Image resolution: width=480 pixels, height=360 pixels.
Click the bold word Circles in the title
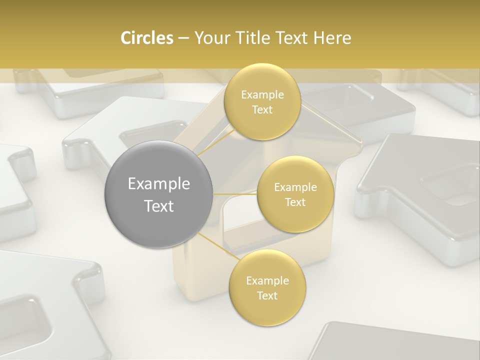pyautogui.click(x=146, y=38)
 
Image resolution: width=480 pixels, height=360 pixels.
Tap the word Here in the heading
pyautogui.click(x=332, y=38)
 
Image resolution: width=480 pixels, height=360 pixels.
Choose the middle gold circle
pyautogui.click(x=295, y=215)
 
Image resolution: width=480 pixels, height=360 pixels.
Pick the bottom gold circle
pyautogui.click(x=267, y=310)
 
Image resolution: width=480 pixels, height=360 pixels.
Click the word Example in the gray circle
pyautogui.click(x=159, y=184)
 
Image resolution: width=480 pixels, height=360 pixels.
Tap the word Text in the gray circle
pyautogui.click(x=159, y=206)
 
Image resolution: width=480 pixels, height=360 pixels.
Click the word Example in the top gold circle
pyautogui.click(x=262, y=95)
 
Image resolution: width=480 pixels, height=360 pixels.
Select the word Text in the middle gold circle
pyautogui.click(x=295, y=202)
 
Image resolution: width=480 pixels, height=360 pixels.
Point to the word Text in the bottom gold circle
pyautogui.click(x=267, y=295)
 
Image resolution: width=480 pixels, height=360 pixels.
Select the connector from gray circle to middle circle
pyautogui.click(x=234, y=194)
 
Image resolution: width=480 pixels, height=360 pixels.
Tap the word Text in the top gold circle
pyautogui.click(x=262, y=109)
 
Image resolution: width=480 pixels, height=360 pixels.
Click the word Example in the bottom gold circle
pyautogui.click(x=267, y=281)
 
